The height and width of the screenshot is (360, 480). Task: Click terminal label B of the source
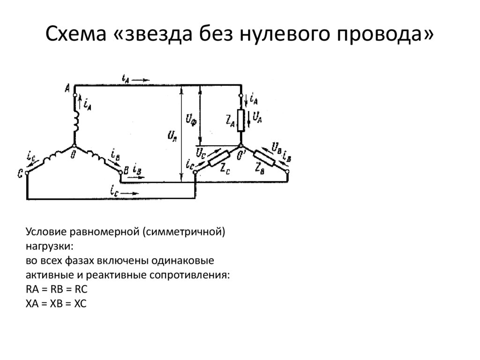(125, 169)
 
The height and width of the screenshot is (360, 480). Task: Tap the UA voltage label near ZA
(257, 116)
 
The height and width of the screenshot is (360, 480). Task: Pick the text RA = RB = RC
(57, 289)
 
